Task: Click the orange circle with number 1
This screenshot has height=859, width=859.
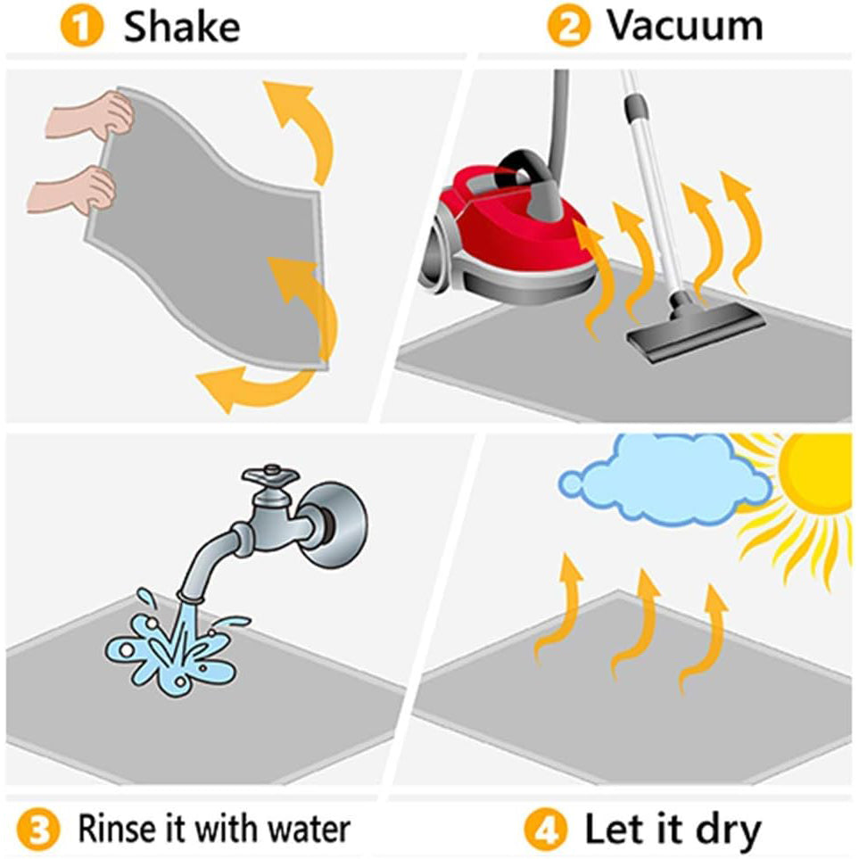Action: point(82,28)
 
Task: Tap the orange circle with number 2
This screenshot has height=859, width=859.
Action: point(568,27)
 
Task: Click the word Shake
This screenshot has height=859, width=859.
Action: point(182,27)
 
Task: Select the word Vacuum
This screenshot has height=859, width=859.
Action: point(685,26)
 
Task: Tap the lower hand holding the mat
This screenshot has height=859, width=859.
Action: point(75,189)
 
